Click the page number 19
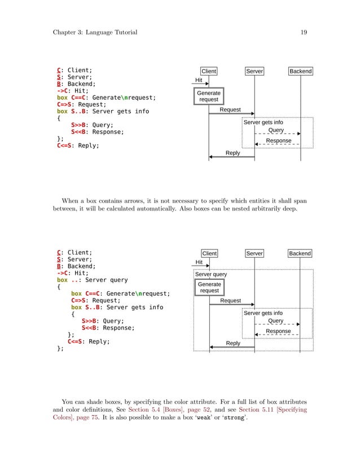pyautogui.click(x=304, y=32)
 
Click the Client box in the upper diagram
pyautogui.click(x=209, y=72)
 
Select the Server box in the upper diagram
pyautogui.click(x=254, y=72)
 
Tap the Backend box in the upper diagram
pyautogui.click(x=301, y=72)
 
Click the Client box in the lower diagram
pyautogui.click(x=209, y=254)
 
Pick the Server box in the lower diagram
pyautogui.click(x=254, y=254)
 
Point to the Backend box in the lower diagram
pyautogui.click(x=300, y=254)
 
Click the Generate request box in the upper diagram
pyautogui.click(x=209, y=96)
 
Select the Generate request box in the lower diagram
pyautogui.click(x=209, y=288)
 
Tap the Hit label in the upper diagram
pyautogui.click(x=199, y=81)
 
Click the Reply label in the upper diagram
pyautogui.click(x=232, y=153)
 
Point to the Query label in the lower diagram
pyautogui.click(x=275, y=321)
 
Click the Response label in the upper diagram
pyautogui.click(x=278, y=140)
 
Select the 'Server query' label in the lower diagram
pyautogui.click(x=211, y=275)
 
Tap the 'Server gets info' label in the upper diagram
pyautogui.click(x=263, y=122)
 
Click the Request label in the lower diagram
pyautogui.click(x=230, y=301)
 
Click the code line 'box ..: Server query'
pyautogui.click(x=93, y=280)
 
